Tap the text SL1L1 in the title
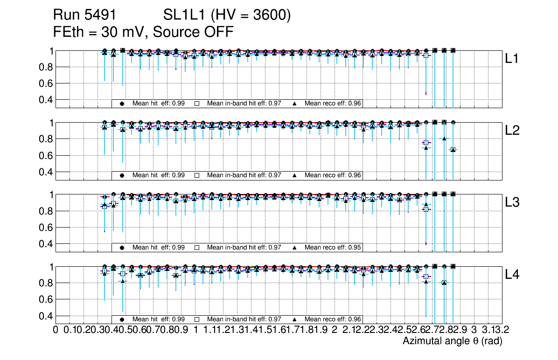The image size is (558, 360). pyautogui.click(x=183, y=15)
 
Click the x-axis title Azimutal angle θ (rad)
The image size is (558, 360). pyautogui.click(x=452, y=341)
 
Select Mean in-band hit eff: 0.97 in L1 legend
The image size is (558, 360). pyautogui.click(x=244, y=104)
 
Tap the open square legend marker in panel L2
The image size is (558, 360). pyautogui.click(x=197, y=175)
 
